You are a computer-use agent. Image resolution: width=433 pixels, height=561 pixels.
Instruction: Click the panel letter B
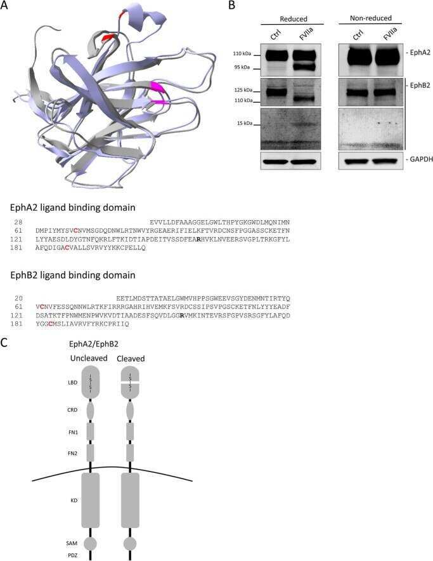[231, 5]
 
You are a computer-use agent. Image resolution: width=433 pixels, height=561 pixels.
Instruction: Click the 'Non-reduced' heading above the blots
[370, 18]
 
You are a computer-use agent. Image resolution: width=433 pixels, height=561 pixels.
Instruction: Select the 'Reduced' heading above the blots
[293, 18]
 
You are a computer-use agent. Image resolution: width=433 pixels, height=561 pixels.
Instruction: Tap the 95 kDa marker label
[242, 67]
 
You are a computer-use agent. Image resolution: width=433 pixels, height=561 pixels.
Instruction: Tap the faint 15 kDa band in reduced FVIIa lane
[303, 125]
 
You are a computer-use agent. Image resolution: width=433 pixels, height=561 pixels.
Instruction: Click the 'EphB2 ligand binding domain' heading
[72, 275]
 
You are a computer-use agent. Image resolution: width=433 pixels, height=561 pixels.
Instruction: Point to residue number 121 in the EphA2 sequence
[16, 239]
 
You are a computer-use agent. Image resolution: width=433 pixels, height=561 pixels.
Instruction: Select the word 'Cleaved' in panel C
[131, 359]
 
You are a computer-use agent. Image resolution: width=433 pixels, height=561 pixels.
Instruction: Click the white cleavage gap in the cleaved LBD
[130, 383]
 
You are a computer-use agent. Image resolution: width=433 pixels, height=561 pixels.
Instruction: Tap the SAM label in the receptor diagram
[72, 543]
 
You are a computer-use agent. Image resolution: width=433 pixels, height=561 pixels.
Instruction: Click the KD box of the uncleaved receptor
[91, 500]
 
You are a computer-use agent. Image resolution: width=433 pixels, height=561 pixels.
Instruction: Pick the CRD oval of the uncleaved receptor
[90, 411]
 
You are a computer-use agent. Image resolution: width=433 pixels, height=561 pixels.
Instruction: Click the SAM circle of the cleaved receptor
[130, 543]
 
